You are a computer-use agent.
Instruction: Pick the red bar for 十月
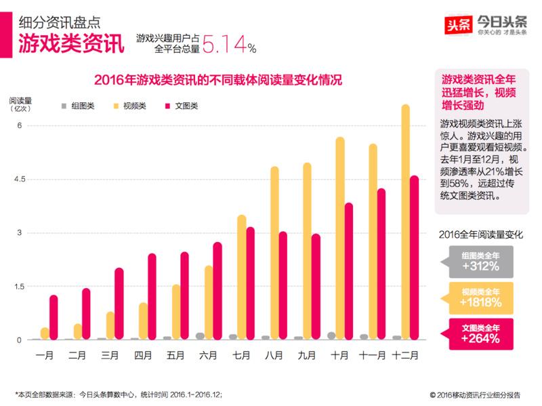click(x=349, y=271)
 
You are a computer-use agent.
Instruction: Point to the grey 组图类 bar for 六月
click(x=200, y=336)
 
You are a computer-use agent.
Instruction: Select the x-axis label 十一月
click(x=373, y=354)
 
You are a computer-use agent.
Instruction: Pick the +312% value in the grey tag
click(x=480, y=266)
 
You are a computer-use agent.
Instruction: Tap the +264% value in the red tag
click(x=480, y=338)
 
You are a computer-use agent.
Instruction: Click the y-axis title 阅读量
click(x=20, y=100)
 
